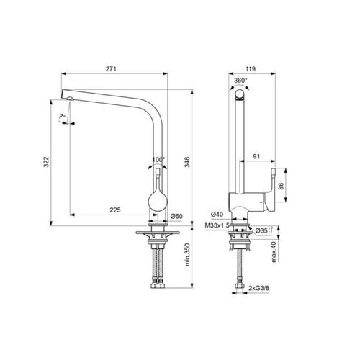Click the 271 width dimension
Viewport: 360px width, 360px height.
(x=111, y=68)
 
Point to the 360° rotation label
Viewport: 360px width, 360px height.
(x=241, y=81)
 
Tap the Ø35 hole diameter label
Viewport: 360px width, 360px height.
(x=265, y=230)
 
